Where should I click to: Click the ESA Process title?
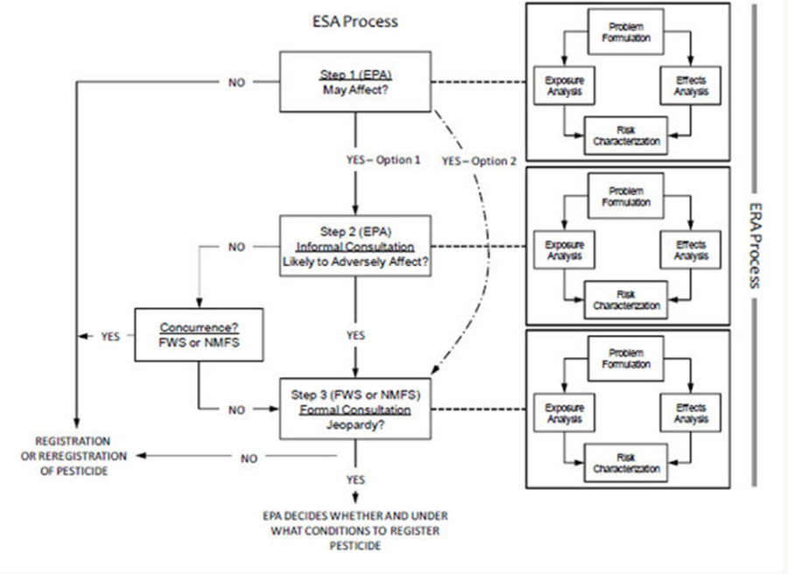pyautogui.click(x=355, y=21)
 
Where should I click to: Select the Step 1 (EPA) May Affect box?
pyautogui.click(x=355, y=82)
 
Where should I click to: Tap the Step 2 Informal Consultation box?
pyautogui.click(x=355, y=247)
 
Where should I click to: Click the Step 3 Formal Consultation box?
pyautogui.click(x=355, y=409)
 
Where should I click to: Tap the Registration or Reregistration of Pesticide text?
pyautogui.click(x=73, y=456)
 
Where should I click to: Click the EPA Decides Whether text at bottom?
pyautogui.click(x=355, y=530)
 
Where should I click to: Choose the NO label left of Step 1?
pyautogui.click(x=237, y=83)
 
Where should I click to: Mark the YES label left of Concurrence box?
pyautogui.click(x=110, y=335)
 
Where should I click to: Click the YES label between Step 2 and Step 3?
pyautogui.click(x=355, y=335)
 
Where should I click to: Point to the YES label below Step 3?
pyautogui.click(x=355, y=479)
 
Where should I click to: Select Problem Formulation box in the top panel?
pyautogui.click(x=626, y=32)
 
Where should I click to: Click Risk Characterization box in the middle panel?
pyautogui.click(x=626, y=299)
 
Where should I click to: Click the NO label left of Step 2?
pyautogui.click(x=237, y=247)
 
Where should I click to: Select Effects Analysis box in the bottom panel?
pyautogui.click(x=690, y=413)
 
